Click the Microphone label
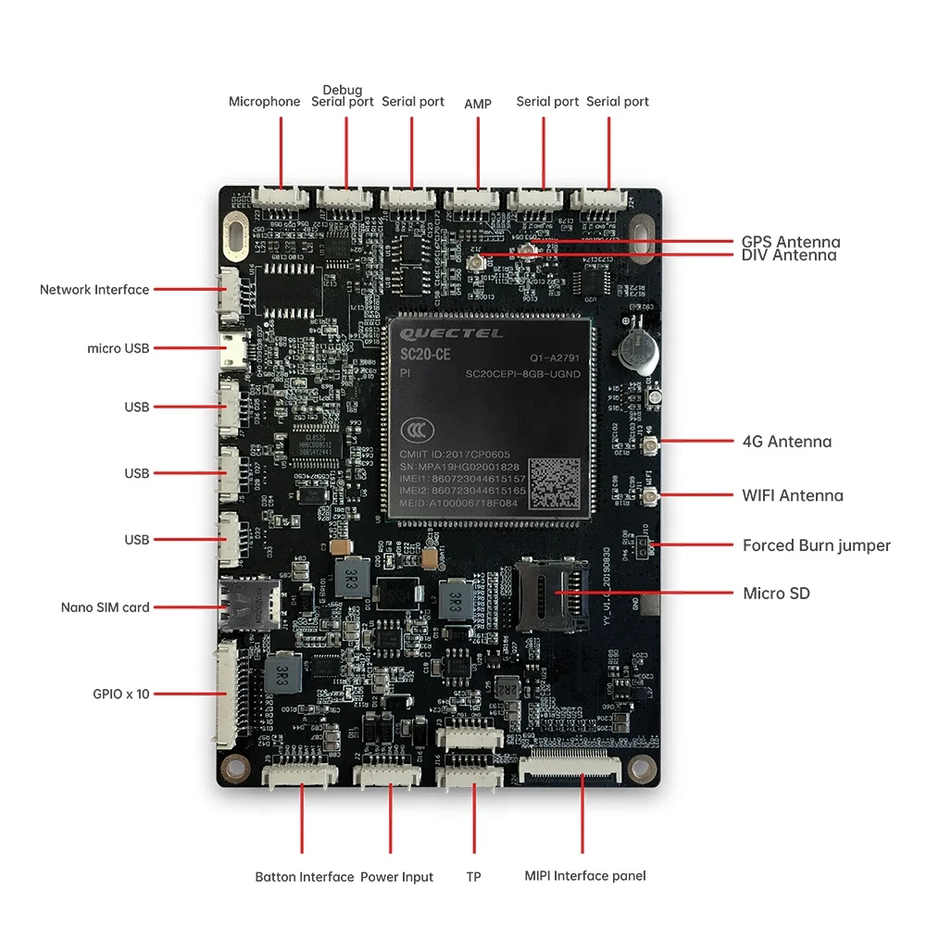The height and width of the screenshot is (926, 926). pos(264,102)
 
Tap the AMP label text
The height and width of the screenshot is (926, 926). pos(478,103)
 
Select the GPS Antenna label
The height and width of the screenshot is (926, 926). pos(791,242)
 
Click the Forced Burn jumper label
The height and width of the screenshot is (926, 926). pos(816,545)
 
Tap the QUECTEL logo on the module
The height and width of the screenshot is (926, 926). pos(452,333)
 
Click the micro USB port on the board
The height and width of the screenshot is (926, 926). pos(230,349)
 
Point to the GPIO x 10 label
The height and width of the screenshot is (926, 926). pos(120,694)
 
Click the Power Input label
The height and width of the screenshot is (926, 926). pos(396,877)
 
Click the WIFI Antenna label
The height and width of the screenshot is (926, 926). pos(793,495)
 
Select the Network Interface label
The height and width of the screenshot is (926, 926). pos(94,290)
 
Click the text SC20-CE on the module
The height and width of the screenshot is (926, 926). pos(425,355)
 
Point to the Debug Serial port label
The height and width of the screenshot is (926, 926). pos(343,96)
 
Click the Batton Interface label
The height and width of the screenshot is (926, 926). pos(305,877)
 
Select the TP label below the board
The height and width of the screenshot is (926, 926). pos(473,877)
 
